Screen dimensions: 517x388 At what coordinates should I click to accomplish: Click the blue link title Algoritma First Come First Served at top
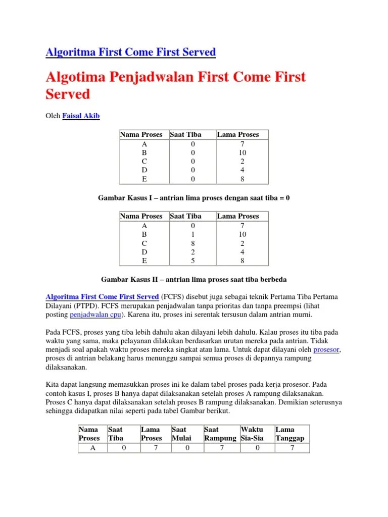(x=131, y=51)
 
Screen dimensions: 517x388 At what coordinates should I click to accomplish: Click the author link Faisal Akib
(x=81, y=116)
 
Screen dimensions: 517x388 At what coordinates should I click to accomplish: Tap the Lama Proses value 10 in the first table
(x=243, y=152)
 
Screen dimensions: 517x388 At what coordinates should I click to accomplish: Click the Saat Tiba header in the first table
(x=185, y=134)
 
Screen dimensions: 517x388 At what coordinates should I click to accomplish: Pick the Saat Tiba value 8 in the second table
(x=185, y=243)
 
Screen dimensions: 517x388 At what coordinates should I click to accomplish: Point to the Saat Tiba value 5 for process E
(x=185, y=261)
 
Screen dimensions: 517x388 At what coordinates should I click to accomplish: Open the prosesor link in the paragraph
(x=326, y=349)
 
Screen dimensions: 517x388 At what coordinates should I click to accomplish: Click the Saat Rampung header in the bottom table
(x=220, y=434)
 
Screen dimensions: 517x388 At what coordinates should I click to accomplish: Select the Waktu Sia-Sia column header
(x=255, y=434)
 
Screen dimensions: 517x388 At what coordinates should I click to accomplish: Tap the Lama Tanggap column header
(x=289, y=434)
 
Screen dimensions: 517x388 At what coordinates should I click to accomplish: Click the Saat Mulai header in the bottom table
(x=182, y=434)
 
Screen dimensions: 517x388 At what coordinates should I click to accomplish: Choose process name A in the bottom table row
(x=92, y=448)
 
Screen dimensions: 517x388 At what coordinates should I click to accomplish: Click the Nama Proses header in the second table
(x=141, y=216)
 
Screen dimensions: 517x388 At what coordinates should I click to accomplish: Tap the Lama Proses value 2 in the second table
(x=243, y=243)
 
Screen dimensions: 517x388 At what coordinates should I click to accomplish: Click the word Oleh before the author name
(x=53, y=116)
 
